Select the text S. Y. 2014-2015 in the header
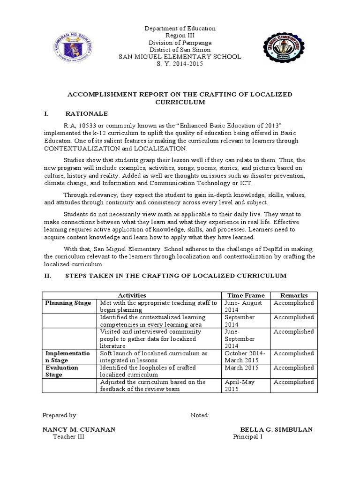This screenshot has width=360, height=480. (180, 64)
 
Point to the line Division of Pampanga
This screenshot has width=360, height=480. (180, 43)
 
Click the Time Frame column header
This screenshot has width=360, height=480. (246, 295)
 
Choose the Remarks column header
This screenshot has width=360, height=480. (293, 295)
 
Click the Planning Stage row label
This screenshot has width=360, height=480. (68, 303)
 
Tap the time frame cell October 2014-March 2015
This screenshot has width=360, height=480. (245, 357)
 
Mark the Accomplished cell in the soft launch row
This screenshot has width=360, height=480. (293, 353)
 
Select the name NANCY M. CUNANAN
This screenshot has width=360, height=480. (79, 429)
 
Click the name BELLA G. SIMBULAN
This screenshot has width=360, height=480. (277, 429)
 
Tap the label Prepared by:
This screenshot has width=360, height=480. (60, 415)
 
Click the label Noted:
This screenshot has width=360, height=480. (200, 415)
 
